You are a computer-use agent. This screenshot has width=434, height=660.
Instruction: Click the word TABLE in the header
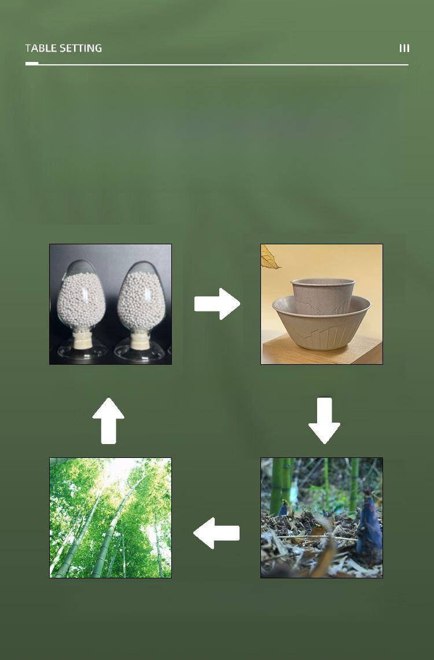coord(41,48)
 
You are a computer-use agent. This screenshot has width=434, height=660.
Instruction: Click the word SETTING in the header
coord(81,48)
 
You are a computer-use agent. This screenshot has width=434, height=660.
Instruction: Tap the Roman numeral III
coord(404,48)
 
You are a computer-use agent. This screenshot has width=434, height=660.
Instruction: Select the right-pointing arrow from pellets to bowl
coord(217,304)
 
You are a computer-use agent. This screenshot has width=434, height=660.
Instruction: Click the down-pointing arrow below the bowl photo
coord(324,420)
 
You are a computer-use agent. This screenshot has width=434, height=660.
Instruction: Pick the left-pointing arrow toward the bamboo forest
coord(216,533)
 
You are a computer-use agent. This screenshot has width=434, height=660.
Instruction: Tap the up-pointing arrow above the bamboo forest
coord(108,420)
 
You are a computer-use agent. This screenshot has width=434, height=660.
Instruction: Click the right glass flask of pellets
coord(141,311)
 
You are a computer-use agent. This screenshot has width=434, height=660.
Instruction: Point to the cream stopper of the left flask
coord(82,339)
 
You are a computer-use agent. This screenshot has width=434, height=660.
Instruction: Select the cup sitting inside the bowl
coord(322,296)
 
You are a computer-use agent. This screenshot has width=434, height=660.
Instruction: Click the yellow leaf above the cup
coord(269,258)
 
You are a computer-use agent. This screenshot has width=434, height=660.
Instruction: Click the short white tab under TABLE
coord(32,64)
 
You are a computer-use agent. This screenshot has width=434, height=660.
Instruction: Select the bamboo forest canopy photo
coord(111,518)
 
